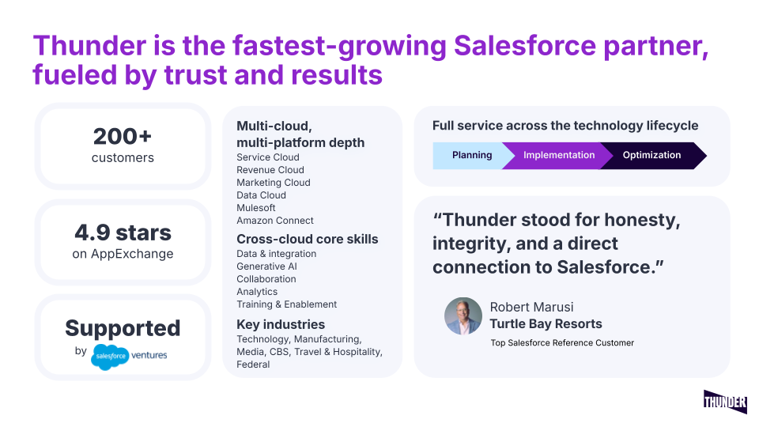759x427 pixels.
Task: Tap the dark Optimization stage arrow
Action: pos(653,156)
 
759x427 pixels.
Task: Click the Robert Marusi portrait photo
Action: pos(463,316)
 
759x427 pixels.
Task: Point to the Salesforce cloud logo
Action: pos(110,357)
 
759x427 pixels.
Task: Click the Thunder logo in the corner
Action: pos(725,402)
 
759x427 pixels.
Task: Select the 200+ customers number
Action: pos(123,137)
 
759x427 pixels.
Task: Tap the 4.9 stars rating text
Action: pos(123,232)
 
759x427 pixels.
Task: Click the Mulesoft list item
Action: pos(256,208)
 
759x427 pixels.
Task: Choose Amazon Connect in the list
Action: pos(275,221)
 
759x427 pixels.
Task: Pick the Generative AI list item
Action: pos(266,266)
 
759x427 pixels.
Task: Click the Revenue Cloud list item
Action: pos(270,170)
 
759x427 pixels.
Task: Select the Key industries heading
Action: pos(281,324)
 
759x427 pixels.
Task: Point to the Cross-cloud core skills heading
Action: pos(308,239)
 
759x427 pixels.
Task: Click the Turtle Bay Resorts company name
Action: pos(546,324)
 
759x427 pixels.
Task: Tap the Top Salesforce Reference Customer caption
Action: pos(562,342)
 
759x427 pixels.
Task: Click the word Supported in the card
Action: pos(123,328)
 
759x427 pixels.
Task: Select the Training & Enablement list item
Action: pos(286,304)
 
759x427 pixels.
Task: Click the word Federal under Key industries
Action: pos(253,365)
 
